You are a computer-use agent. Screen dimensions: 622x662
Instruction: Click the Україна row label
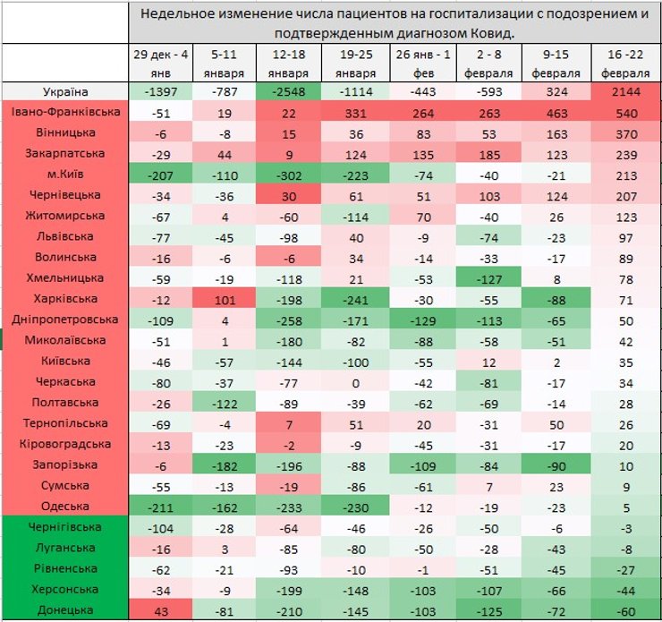click(x=64, y=92)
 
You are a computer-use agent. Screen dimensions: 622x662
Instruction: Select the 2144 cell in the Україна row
click(x=626, y=92)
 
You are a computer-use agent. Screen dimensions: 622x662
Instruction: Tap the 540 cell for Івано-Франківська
click(x=626, y=114)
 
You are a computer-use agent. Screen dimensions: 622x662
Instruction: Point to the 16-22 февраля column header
click(x=626, y=64)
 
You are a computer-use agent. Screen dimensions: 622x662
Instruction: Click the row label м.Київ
click(x=64, y=175)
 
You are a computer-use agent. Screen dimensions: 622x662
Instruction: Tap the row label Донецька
click(x=64, y=610)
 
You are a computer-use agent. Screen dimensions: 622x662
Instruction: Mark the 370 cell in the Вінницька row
click(x=626, y=134)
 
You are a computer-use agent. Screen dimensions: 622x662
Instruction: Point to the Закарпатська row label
click(x=64, y=154)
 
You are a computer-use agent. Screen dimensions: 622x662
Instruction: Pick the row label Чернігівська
click(x=64, y=527)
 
